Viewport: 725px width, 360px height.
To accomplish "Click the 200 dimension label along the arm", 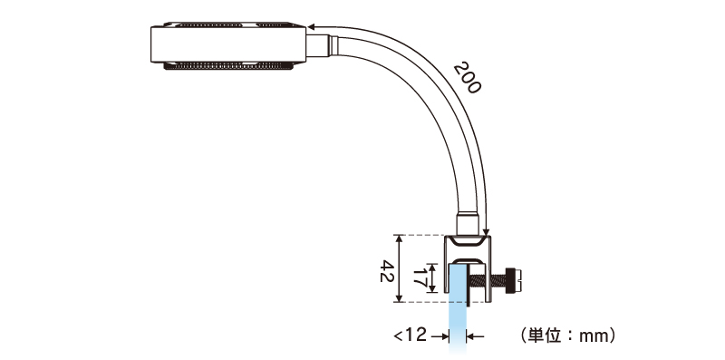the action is (x=467, y=77).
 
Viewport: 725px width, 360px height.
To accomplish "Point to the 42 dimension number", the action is (x=387, y=271).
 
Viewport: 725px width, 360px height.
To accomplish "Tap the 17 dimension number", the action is (x=420, y=278).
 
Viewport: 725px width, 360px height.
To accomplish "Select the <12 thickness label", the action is (x=411, y=335).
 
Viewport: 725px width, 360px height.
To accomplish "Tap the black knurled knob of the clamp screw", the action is (x=510, y=280).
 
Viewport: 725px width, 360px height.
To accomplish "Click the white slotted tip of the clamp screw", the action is (x=518, y=280).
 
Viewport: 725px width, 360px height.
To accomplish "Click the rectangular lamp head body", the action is (x=228, y=44).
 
